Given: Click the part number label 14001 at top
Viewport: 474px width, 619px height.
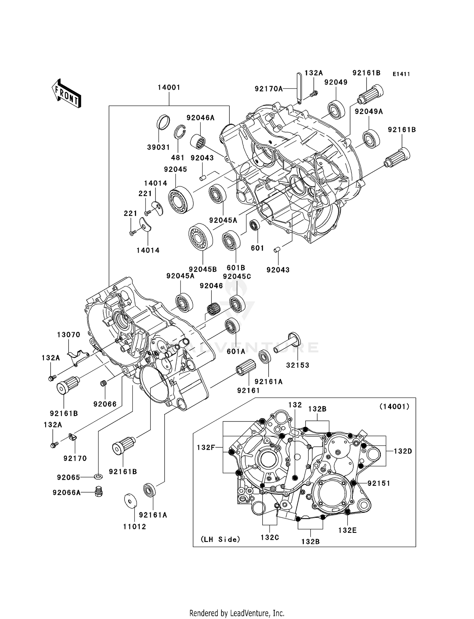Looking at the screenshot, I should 169,87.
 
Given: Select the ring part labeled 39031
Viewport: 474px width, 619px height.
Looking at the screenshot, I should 163,122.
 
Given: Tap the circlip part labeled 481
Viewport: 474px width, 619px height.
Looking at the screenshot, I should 180,132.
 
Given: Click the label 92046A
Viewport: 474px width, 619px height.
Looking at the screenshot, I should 200,118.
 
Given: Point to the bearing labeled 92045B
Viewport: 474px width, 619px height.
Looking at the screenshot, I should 201,237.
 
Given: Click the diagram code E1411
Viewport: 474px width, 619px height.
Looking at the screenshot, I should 401,74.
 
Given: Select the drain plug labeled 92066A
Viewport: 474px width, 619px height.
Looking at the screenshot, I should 99,492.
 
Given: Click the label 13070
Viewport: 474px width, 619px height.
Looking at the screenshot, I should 69,334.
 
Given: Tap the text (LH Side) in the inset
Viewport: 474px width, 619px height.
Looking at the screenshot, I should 221,539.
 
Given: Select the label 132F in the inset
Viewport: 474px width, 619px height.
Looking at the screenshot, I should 206,447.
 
